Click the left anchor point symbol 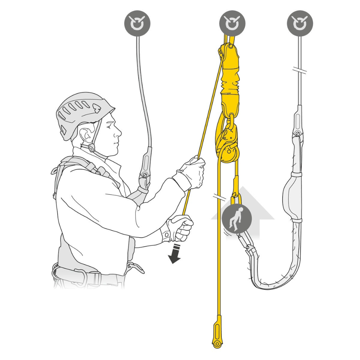pos(137,23)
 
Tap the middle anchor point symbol pos(232,23)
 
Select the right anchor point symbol pos(300,23)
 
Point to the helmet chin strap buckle pos(92,148)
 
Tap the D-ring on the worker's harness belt pos(136,268)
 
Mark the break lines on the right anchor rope pos(300,71)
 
